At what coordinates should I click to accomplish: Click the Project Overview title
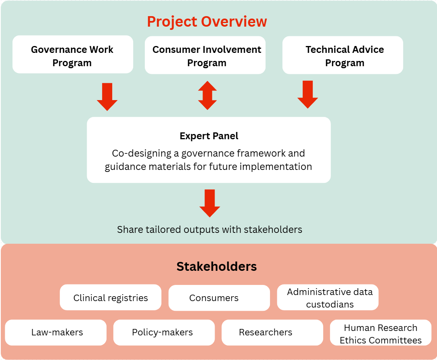point(207,21)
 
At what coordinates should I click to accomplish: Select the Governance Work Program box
point(73,54)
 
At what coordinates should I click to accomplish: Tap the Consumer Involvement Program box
point(205,55)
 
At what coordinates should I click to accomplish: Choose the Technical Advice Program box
point(343,55)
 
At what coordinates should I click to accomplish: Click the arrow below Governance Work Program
point(107,97)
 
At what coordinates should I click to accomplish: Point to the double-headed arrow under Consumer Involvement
point(207,95)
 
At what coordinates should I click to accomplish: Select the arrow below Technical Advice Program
point(308,94)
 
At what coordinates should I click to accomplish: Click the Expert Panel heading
point(209,136)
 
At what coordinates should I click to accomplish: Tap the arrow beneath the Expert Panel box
point(210,203)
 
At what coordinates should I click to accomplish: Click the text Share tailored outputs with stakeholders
point(209,230)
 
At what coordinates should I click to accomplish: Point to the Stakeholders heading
point(217,266)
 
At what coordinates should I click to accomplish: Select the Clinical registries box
point(111,297)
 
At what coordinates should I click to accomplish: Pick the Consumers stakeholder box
point(220,298)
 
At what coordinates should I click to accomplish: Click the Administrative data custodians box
point(328,297)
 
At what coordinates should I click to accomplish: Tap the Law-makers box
point(56,333)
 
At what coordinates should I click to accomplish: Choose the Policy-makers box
point(164,333)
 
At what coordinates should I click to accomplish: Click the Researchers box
point(272,333)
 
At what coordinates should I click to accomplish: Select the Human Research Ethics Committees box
point(381,333)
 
